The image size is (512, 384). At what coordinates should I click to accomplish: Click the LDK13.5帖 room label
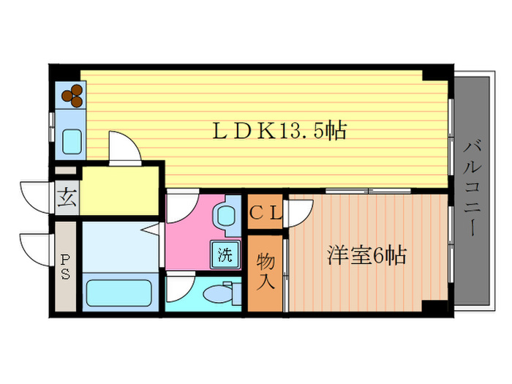[x=279, y=132]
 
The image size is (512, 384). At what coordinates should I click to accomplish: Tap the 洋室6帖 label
[x=366, y=257]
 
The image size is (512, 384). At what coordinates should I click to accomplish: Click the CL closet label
[x=265, y=213]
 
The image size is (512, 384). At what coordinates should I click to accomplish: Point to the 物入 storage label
[x=264, y=270]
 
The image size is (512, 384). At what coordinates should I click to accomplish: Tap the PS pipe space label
[x=65, y=267]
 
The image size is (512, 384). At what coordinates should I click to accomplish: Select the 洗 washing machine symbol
[x=225, y=255]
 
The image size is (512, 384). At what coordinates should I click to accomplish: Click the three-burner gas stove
[x=72, y=94]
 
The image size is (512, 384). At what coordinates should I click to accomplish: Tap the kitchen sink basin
[x=72, y=141]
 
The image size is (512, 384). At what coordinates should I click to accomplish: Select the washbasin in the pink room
[x=225, y=217]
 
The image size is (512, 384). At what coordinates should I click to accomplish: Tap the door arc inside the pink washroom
[x=180, y=208]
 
